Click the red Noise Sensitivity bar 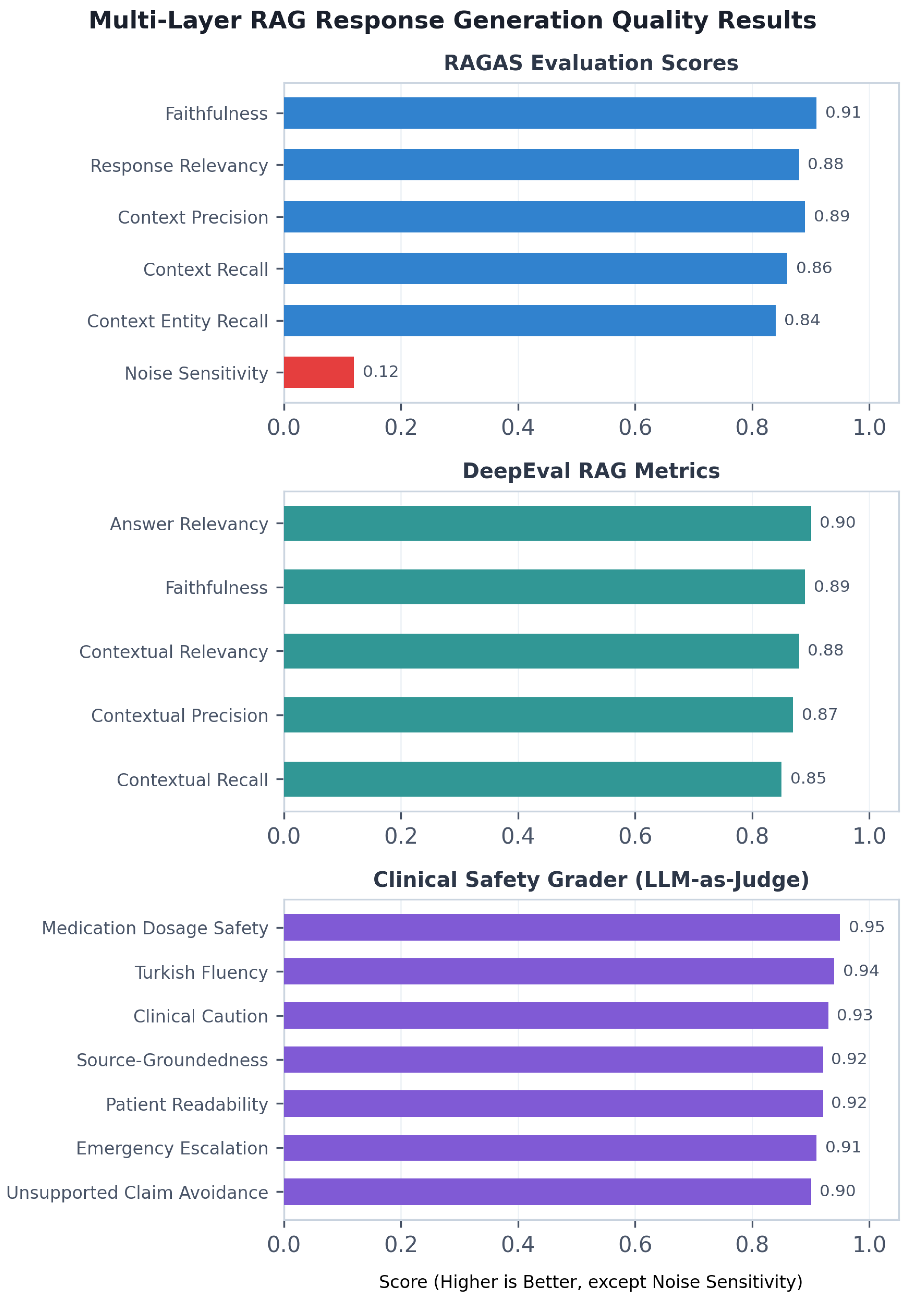coord(319,372)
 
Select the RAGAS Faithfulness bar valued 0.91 coord(550,113)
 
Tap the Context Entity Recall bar coord(530,320)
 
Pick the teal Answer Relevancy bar coord(547,523)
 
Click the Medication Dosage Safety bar coord(562,927)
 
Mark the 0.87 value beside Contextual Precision coord(820,715)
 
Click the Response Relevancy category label coord(179,166)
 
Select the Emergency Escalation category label coord(173,1149)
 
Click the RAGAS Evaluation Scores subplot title coord(591,63)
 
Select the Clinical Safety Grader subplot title coord(591,880)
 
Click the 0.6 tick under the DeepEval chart coord(635,836)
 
